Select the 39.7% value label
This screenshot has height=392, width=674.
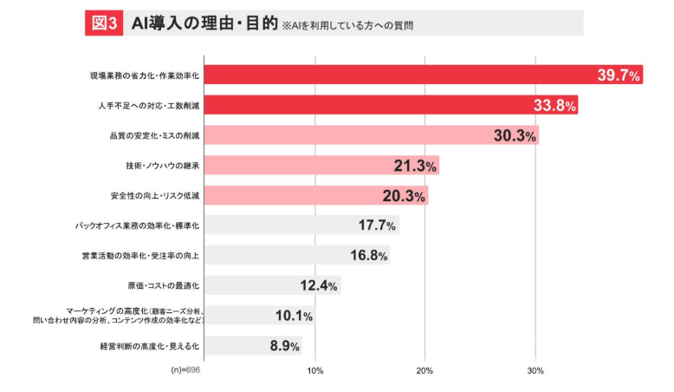619,75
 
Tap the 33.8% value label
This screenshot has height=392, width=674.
555,106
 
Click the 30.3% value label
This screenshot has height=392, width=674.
515,136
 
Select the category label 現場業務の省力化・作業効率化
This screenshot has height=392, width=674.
145,76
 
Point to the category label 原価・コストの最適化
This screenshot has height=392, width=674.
164,285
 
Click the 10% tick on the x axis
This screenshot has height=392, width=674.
315,370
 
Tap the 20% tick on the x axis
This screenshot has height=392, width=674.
425,370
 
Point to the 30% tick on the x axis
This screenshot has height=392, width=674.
535,370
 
